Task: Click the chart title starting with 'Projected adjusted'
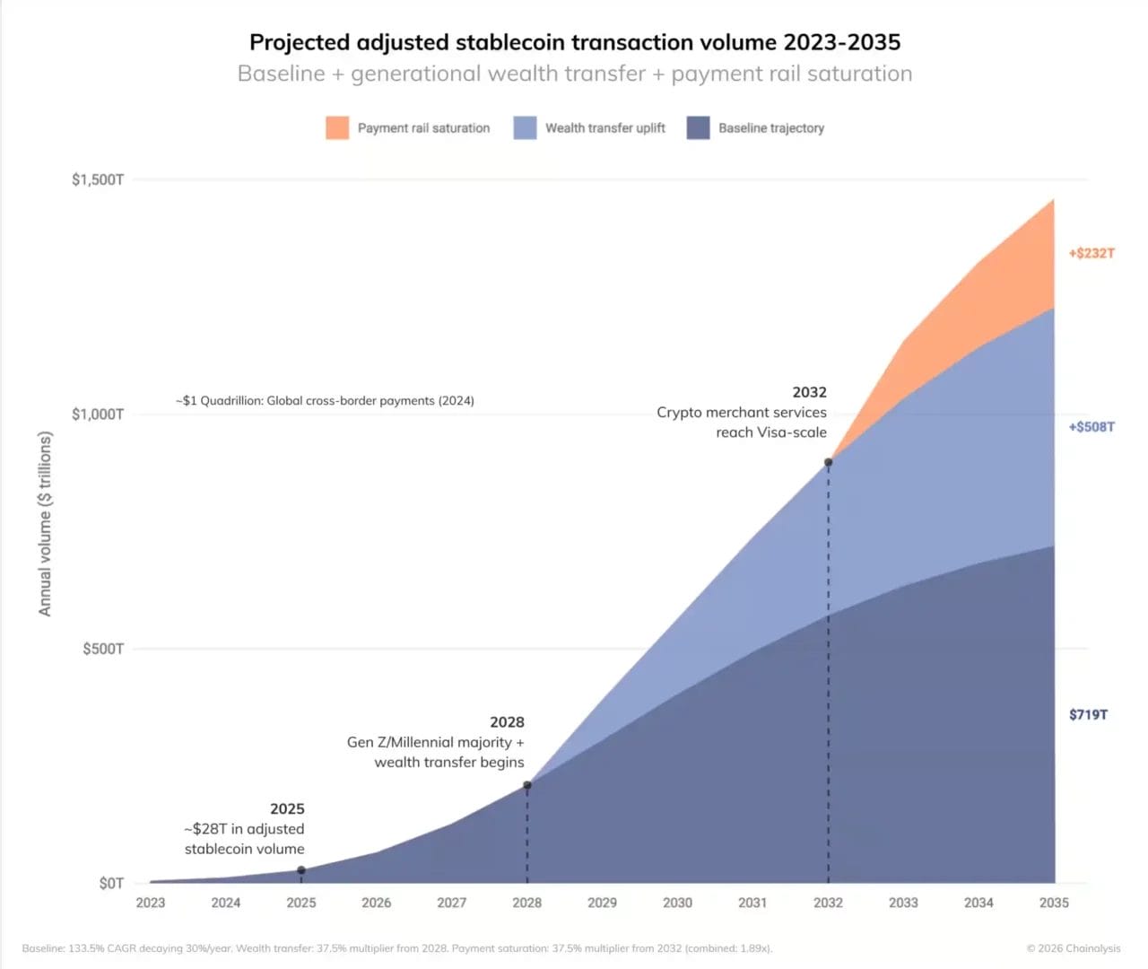[574, 42]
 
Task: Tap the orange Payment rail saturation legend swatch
[337, 127]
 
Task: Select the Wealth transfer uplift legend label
[604, 128]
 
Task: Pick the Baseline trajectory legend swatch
[698, 127]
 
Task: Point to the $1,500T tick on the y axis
[98, 179]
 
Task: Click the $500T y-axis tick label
[103, 649]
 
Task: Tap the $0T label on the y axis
[111, 884]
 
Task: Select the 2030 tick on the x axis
[677, 903]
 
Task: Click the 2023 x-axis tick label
[151, 903]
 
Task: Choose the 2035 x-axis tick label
[1054, 903]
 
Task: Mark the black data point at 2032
[828, 462]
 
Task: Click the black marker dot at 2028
[527, 785]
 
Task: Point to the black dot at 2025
[301, 870]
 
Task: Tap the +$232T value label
[1091, 253]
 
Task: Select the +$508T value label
[1091, 427]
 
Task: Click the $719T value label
[1088, 715]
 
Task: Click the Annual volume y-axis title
[45, 524]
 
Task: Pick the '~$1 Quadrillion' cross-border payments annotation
[325, 401]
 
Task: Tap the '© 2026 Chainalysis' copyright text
[1074, 948]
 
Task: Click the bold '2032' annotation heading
[809, 392]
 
